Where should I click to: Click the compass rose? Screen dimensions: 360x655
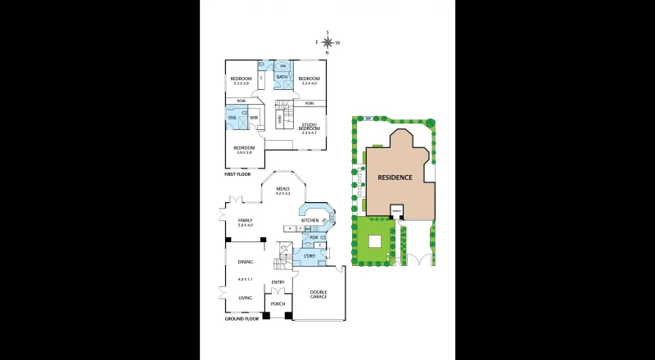point(327,42)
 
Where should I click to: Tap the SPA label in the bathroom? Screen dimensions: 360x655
point(282,66)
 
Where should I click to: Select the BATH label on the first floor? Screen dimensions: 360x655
point(281,77)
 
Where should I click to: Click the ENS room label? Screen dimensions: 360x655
point(233,118)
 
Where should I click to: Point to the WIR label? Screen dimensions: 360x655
point(254,118)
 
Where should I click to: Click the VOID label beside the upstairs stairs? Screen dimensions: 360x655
point(280,120)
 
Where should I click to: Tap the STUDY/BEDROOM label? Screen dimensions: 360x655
point(309,126)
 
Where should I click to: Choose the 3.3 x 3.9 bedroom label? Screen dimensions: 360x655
point(240,80)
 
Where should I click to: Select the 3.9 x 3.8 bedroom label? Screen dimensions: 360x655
point(244,150)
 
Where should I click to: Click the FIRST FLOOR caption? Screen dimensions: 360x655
point(237,174)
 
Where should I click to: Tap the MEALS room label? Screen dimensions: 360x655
point(283,190)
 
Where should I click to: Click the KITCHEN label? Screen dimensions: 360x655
point(309,220)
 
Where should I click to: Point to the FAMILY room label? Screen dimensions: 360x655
point(245,220)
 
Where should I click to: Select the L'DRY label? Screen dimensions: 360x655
point(309,257)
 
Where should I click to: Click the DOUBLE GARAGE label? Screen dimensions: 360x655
point(318,294)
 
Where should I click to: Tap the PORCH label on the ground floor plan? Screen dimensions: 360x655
point(278,304)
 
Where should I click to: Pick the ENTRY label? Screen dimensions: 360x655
point(278,282)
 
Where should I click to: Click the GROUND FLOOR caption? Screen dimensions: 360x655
point(242,318)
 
